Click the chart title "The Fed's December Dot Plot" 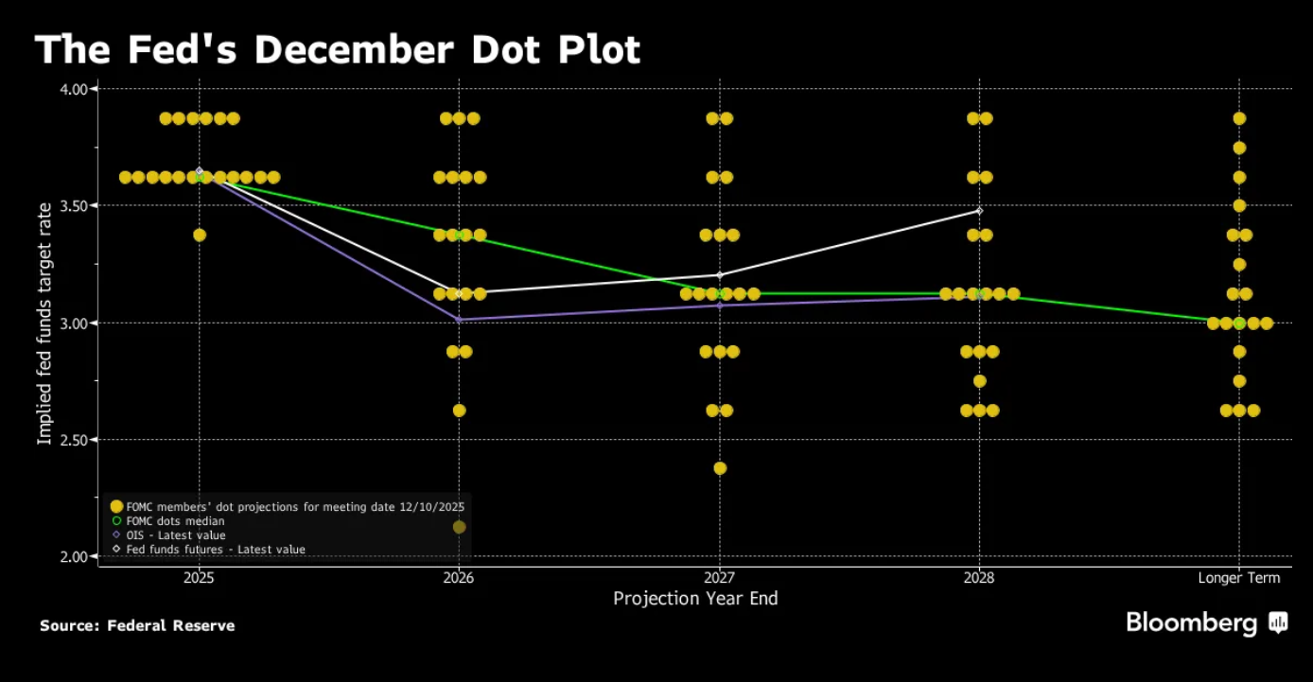(x=338, y=50)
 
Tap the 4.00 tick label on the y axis (x=74, y=89)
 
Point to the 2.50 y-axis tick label (x=74, y=440)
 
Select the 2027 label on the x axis (x=719, y=578)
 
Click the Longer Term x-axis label (x=1238, y=578)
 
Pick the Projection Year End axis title (x=695, y=599)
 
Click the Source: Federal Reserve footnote (x=137, y=625)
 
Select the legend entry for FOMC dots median (x=175, y=521)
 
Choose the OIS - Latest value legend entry (x=175, y=535)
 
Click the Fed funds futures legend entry (x=215, y=550)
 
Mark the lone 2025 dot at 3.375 (x=199, y=235)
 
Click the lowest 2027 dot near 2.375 (x=719, y=468)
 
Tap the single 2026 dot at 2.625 (x=459, y=411)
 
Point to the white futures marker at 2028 (x=979, y=211)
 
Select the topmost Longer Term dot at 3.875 (x=1239, y=118)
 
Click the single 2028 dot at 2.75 (x=979, y=381)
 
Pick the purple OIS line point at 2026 (x=459, y=320)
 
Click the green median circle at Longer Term (x=1239, y=323)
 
